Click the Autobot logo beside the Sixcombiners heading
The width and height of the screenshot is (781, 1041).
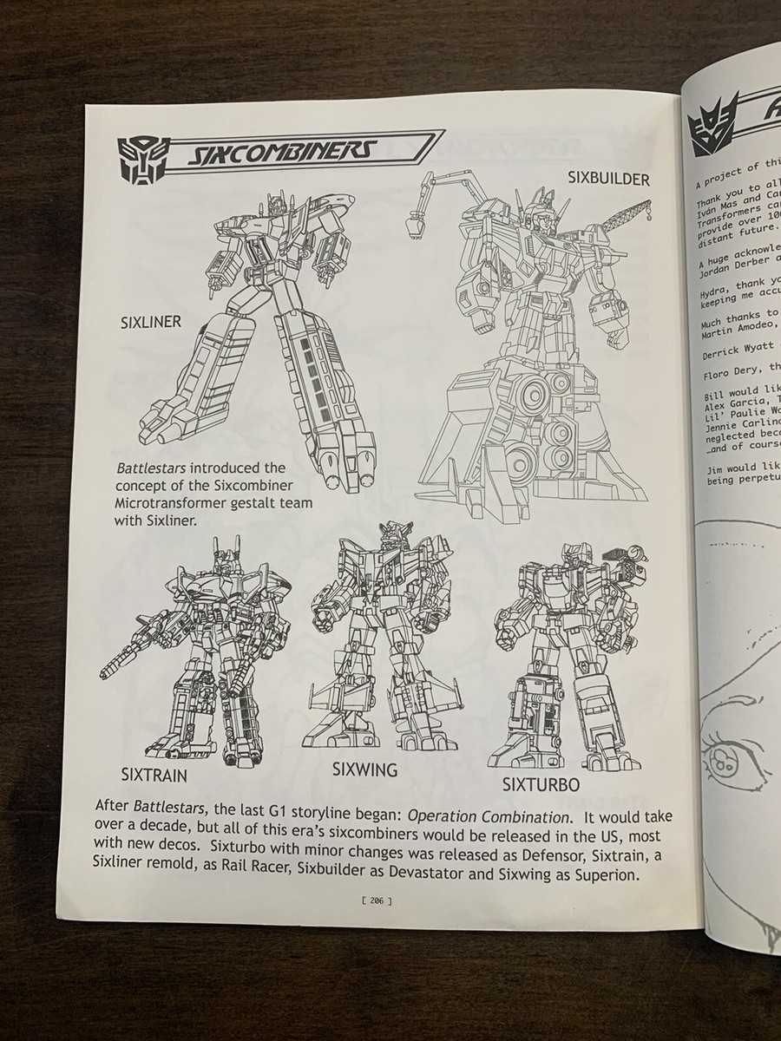pos(139,160)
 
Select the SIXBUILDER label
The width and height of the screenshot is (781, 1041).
pos(608,179)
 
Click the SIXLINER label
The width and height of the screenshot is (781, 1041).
pos(150,323)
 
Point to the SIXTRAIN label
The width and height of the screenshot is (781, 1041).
pos(154,775)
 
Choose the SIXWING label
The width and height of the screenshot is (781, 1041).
pos(364,769)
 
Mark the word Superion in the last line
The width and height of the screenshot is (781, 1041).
pos(607,876)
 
